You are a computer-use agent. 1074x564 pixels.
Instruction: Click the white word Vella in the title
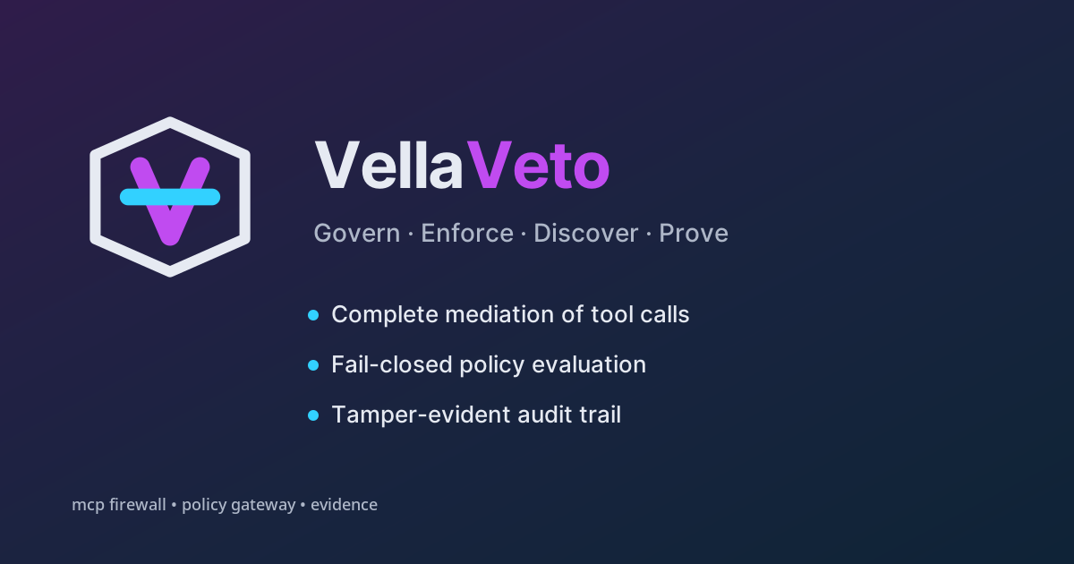(x=388, y=166)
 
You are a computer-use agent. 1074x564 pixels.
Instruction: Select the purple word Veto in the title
(x=538, y=166)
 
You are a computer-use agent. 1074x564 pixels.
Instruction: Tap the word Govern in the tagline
(x=357, y=234)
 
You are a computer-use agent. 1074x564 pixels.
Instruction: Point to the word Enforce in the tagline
(x=467, y=234)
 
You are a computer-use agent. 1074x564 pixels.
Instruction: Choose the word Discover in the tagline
(x=586, y=234)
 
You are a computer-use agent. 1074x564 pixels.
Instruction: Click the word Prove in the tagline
(x=694, y=234)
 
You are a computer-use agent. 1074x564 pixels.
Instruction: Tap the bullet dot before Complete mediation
(x=313, y=315)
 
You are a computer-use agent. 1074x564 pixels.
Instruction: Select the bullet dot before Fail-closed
(x=313, y=365)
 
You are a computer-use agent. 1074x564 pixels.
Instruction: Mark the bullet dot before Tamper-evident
(x=313, y=415)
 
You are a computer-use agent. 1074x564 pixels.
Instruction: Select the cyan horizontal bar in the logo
(x=170, y=197)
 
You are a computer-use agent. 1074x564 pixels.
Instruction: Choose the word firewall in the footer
(x=138, y=505)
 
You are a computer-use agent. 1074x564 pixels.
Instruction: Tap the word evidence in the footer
(x=344, y=505)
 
